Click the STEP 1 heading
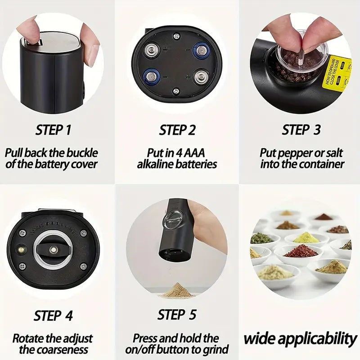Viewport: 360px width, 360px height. [x=54, y=130]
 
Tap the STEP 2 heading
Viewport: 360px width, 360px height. [x=177, y=130]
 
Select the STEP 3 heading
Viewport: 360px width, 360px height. [x=301, y=130]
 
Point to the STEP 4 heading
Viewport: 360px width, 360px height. [x=54, y=315]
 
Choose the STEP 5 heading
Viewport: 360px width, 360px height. [x=177, y=315]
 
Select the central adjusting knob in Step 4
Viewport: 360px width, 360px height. [x=53, y=248]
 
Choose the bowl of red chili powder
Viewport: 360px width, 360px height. [x=301, y=251]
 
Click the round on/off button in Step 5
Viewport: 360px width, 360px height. [x=172, y=220]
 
